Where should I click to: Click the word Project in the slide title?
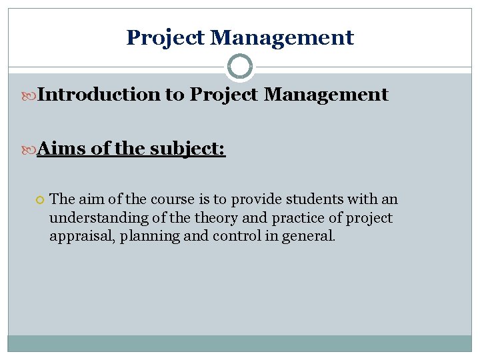[x=165, y=38]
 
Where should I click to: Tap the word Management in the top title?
[x=282, y=38]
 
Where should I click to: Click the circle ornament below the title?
[x=240, y=67]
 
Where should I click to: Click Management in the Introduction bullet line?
[x=326, y=95]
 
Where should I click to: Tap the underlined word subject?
[x=188, y=148]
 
